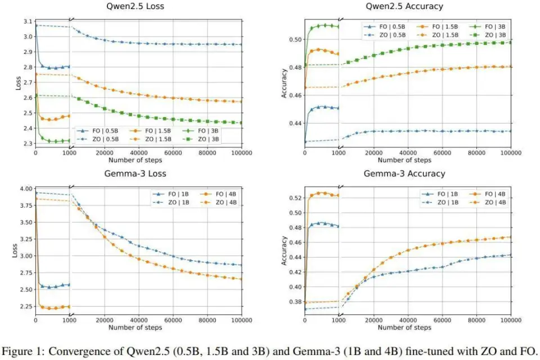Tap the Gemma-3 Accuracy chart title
(404, 173)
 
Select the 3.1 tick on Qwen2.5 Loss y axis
(28, 21)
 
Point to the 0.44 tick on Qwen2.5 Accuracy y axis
(294, 123)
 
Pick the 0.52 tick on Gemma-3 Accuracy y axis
(294, 198)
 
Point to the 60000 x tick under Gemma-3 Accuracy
(442, 320)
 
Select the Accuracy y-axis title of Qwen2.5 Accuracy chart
(284, 84)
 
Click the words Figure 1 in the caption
(28, 348)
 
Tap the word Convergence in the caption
(77, 348)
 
